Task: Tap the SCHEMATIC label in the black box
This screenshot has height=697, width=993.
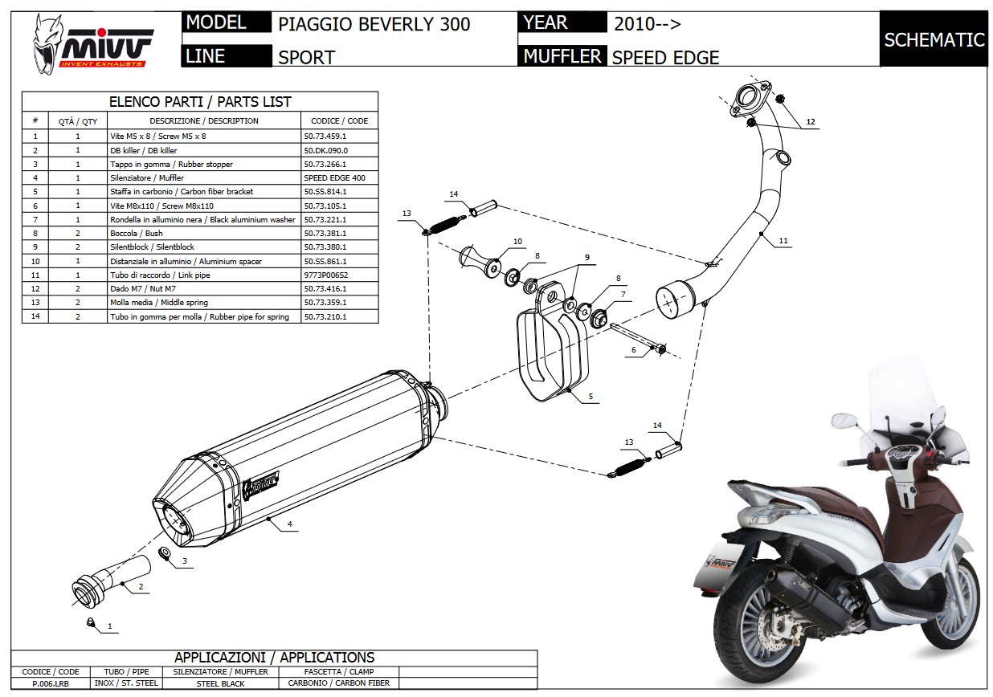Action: [934, 39]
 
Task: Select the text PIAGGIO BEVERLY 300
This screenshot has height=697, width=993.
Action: [374, 23]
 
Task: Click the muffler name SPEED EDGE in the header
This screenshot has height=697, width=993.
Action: [665, 57]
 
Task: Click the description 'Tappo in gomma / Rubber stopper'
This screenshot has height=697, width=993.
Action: [170, 164]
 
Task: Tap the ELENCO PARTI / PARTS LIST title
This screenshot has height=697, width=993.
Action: [199, 102]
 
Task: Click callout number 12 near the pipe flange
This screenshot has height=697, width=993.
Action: [811, 121]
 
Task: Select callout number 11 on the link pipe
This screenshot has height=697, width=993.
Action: [783, 240]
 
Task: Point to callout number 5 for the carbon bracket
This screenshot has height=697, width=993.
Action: [590, 396]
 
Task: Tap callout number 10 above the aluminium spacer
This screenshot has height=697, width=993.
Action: [517, 242]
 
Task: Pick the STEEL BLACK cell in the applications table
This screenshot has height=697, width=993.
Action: [220, 683]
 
